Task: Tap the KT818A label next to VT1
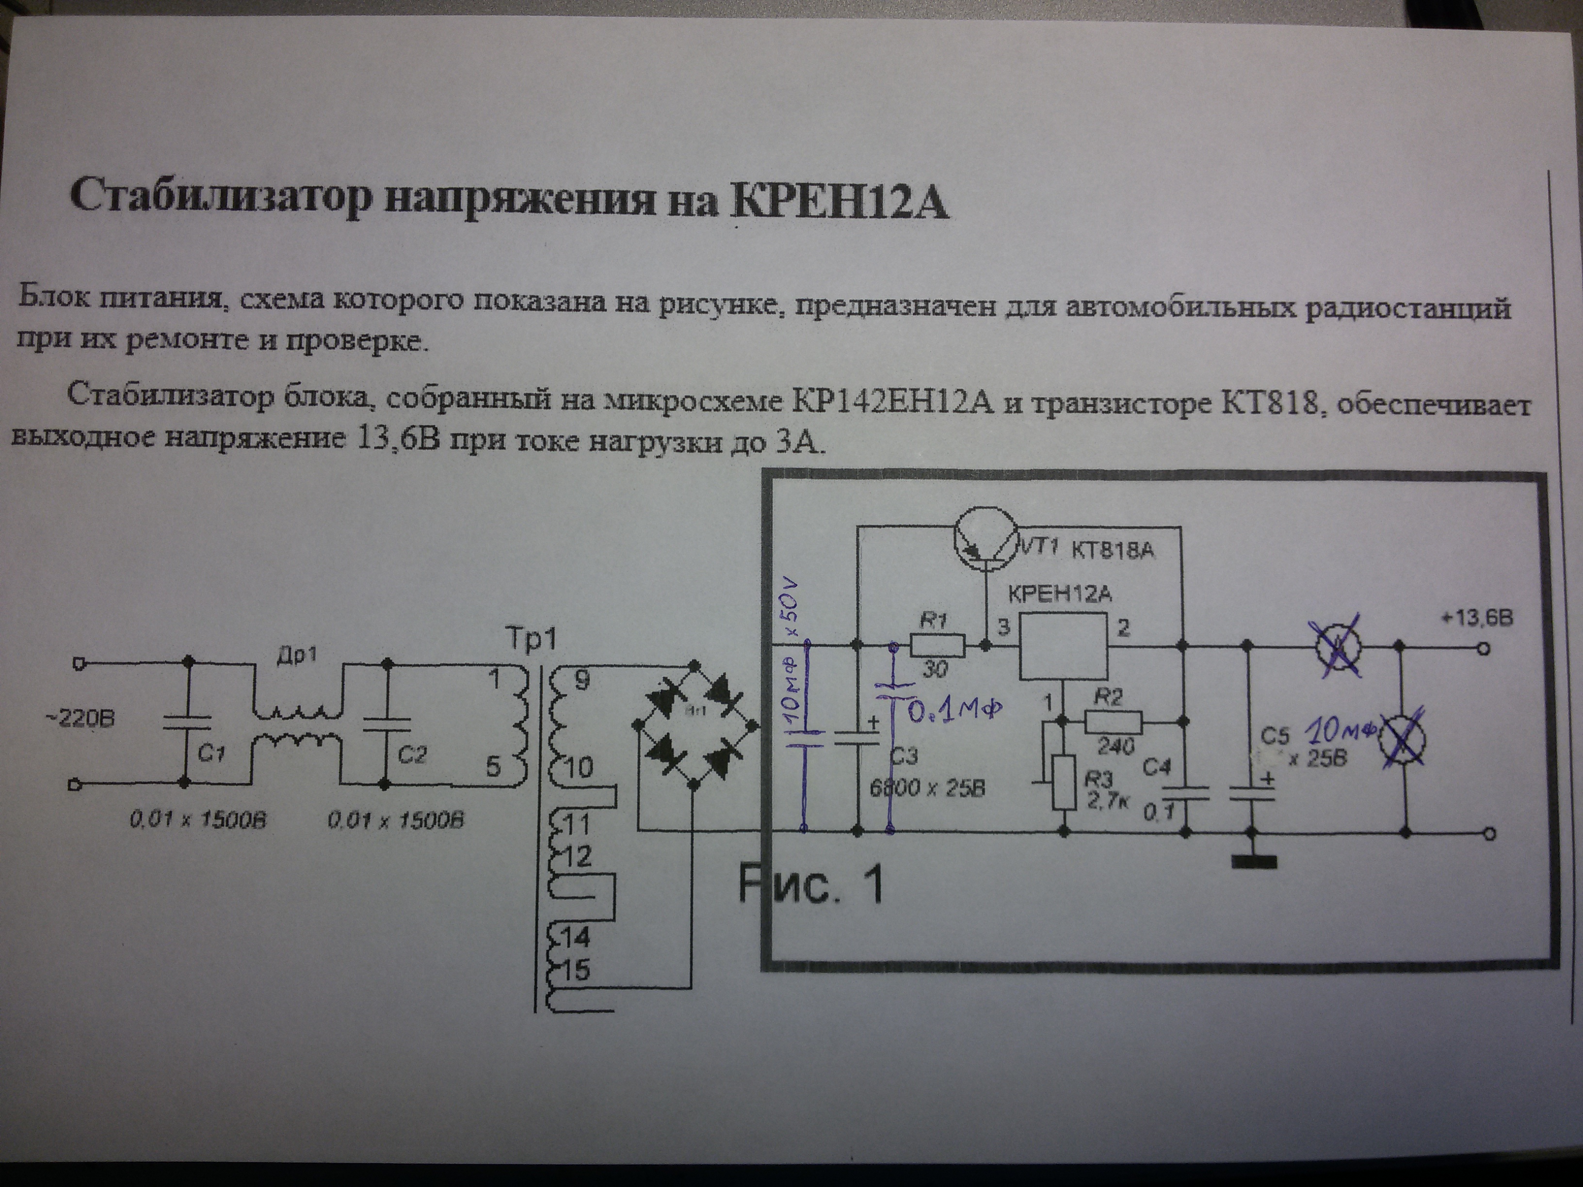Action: (x=1113, y=551)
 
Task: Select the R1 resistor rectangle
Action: (x=938, y=647)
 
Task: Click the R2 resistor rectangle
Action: (x=1113, y=722)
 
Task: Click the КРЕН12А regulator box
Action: (x=1064, y=646)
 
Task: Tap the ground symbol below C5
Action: (x=1253, y=863)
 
